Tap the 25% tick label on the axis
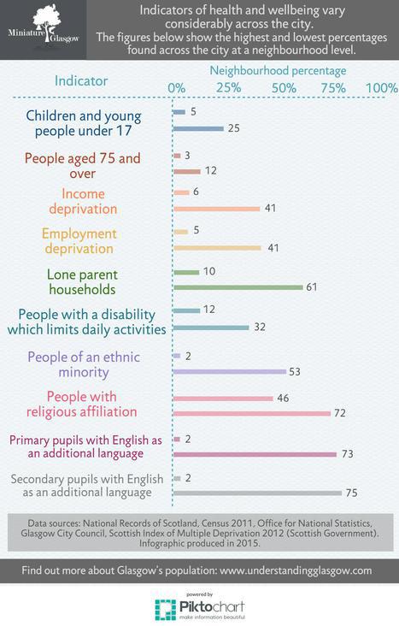tap(228, 88)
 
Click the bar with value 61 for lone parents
tap(238, 287)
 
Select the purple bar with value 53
tap(228, 371)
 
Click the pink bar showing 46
tap(222, 398)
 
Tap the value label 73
tap(348, 453)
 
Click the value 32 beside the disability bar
tap(261, 328)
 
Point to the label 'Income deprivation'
tap(84, 200)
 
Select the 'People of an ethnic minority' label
tap(84, 364)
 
